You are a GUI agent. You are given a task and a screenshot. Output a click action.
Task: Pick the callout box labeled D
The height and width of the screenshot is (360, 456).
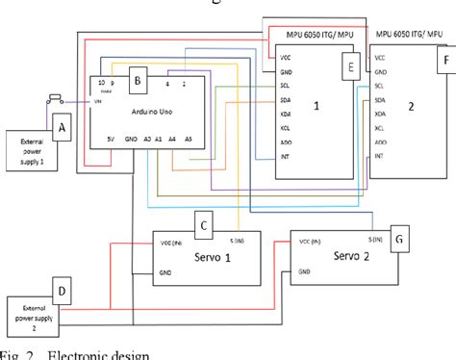(x=62, y=288)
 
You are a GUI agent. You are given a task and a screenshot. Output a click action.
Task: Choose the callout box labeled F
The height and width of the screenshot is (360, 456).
(x=444, y=59)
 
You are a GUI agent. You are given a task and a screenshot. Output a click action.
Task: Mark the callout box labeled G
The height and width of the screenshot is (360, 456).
(x=400, y=236)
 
